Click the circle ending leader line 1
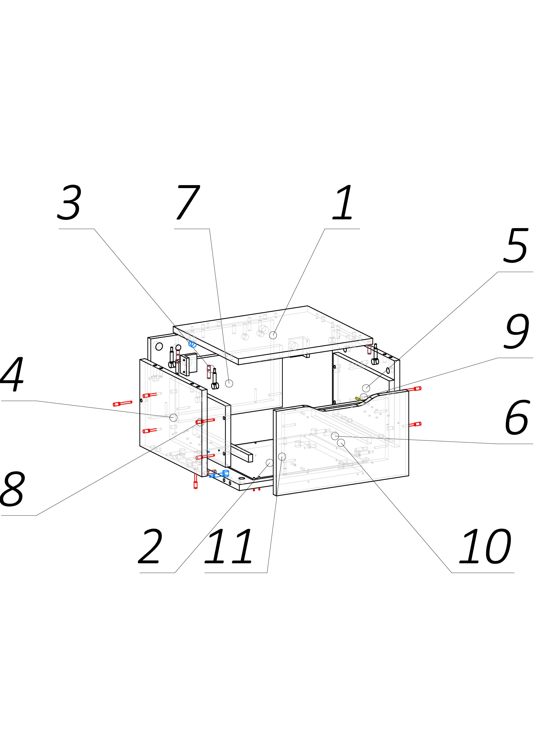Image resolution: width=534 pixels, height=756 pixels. [273, 335]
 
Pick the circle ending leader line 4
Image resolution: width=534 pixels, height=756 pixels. [173, 417]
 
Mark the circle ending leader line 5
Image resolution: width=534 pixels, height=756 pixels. [366, 388]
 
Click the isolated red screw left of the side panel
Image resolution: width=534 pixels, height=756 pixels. [122, 403]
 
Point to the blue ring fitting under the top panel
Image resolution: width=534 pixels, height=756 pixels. [192, 344]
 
